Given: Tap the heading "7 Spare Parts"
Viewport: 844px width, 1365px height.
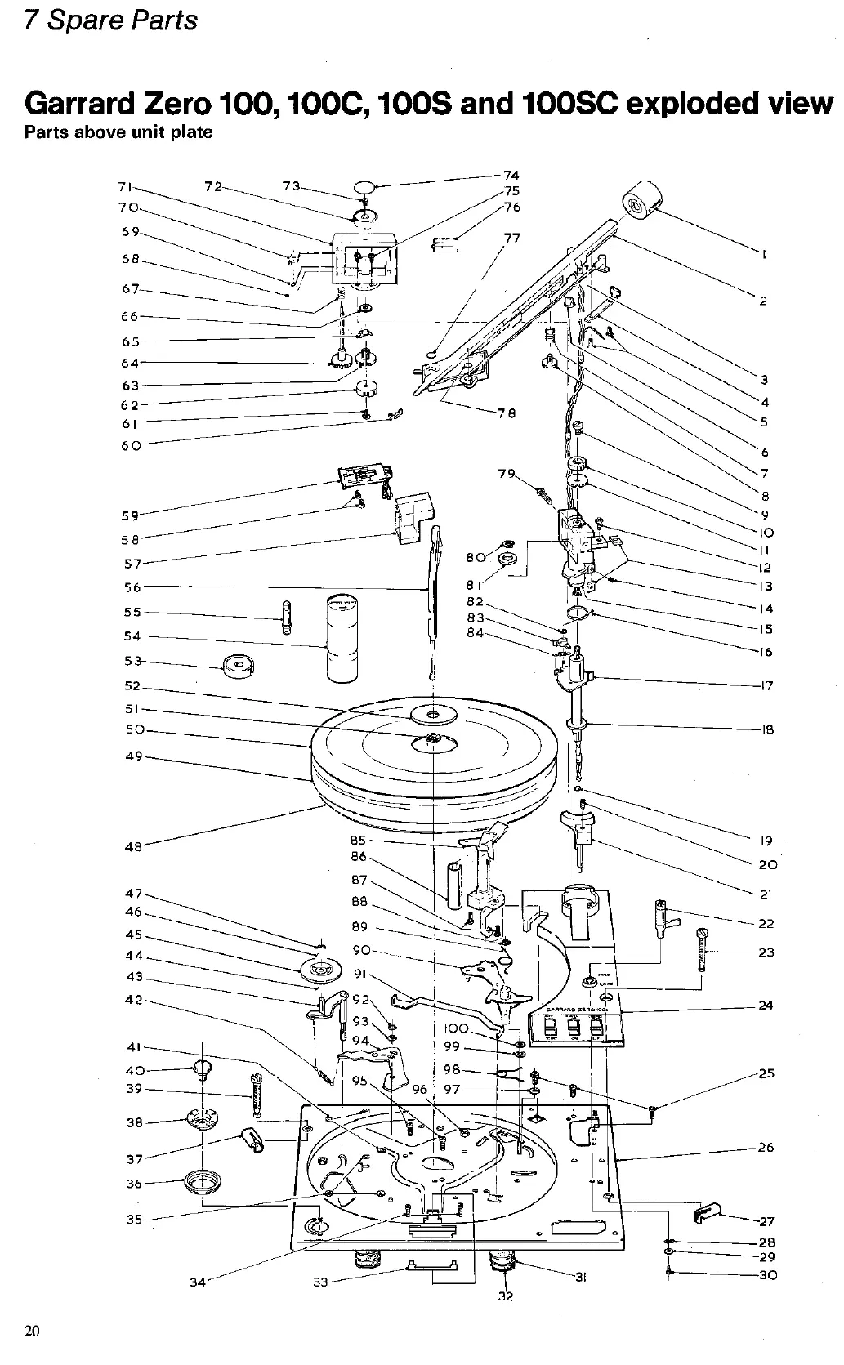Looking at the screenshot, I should [x=110, y=20].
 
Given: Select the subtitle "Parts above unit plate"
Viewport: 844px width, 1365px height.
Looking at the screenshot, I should [x=118, y=133].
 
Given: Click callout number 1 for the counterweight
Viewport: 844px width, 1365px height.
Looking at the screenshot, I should [x=762, y=254].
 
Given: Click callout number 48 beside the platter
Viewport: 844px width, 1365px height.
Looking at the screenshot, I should [x=132, y=847].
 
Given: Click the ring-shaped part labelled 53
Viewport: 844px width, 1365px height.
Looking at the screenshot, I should [x=238, y=666].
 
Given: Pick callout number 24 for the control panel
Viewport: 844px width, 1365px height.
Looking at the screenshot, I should [x=765, y=1006].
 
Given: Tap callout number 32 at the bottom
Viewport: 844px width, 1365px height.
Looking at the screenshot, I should [x=505, y=1296].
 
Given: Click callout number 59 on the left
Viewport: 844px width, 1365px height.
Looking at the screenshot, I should [x=130, y=515].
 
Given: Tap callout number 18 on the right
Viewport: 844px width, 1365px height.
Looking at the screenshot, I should [x=767, y=729].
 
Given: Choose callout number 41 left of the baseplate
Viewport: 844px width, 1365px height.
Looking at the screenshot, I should [x=134, y=1048].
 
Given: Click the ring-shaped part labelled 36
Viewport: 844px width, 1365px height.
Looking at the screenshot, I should [x=201, y=1181].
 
